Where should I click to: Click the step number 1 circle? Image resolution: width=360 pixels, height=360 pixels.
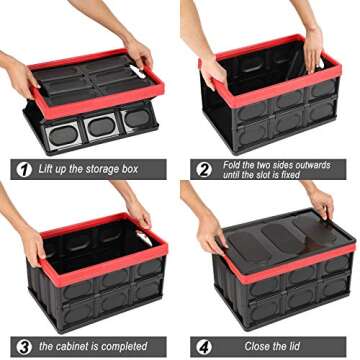[x=22, y=169]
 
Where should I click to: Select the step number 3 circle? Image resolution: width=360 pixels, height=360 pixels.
[x=22, y=347]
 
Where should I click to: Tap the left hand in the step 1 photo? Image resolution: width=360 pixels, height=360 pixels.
[x=22, y=75]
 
